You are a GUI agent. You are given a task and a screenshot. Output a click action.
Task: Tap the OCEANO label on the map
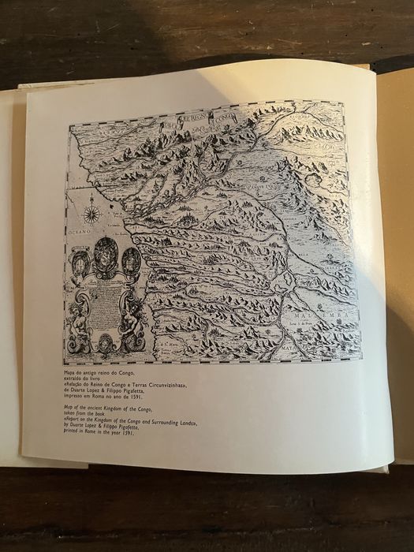pyautogui.click(x=79, y=234)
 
